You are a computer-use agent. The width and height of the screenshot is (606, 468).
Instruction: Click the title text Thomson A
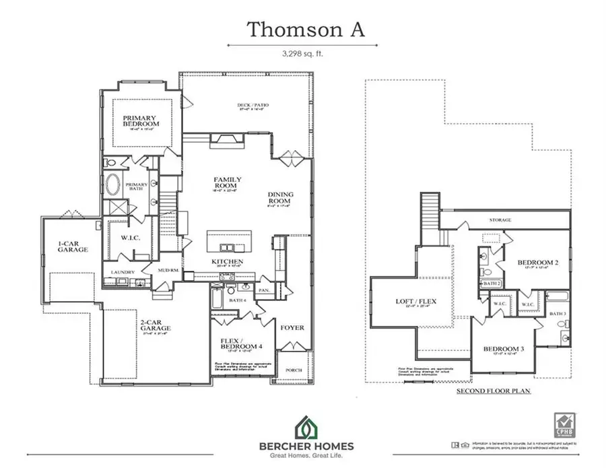(302, 29)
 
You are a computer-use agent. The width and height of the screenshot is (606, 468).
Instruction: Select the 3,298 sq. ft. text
(302, 53)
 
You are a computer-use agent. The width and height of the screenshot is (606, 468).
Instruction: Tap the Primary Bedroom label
(141, 121)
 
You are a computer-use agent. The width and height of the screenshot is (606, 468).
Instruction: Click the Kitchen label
(227, 261)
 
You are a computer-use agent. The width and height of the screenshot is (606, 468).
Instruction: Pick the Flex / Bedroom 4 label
(239, 344)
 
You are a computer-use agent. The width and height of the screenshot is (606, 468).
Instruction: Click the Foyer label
(293, 328)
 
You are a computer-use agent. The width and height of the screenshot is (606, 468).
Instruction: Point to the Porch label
(294, 370)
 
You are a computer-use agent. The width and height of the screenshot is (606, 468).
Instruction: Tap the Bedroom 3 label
(504, 349)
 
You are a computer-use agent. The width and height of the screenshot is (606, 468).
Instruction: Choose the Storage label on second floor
(500, 220)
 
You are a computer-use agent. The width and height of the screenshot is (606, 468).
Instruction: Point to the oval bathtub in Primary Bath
(113, 184)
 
